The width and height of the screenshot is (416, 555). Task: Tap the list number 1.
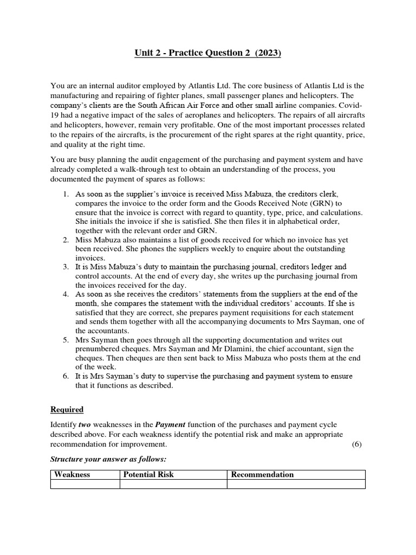click(65, 193)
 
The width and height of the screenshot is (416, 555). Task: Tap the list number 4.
click(65, 294)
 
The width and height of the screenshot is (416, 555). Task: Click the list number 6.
click(65, 377)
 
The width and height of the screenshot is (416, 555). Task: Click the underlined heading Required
click(68, 409)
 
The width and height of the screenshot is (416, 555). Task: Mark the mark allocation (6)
click(356, 444)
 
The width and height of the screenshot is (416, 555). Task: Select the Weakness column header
click(72, 475)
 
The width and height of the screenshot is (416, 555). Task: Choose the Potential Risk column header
click(148, 475)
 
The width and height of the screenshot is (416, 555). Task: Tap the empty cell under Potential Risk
click(173, 484)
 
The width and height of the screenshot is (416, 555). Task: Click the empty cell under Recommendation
click(296, 484)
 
